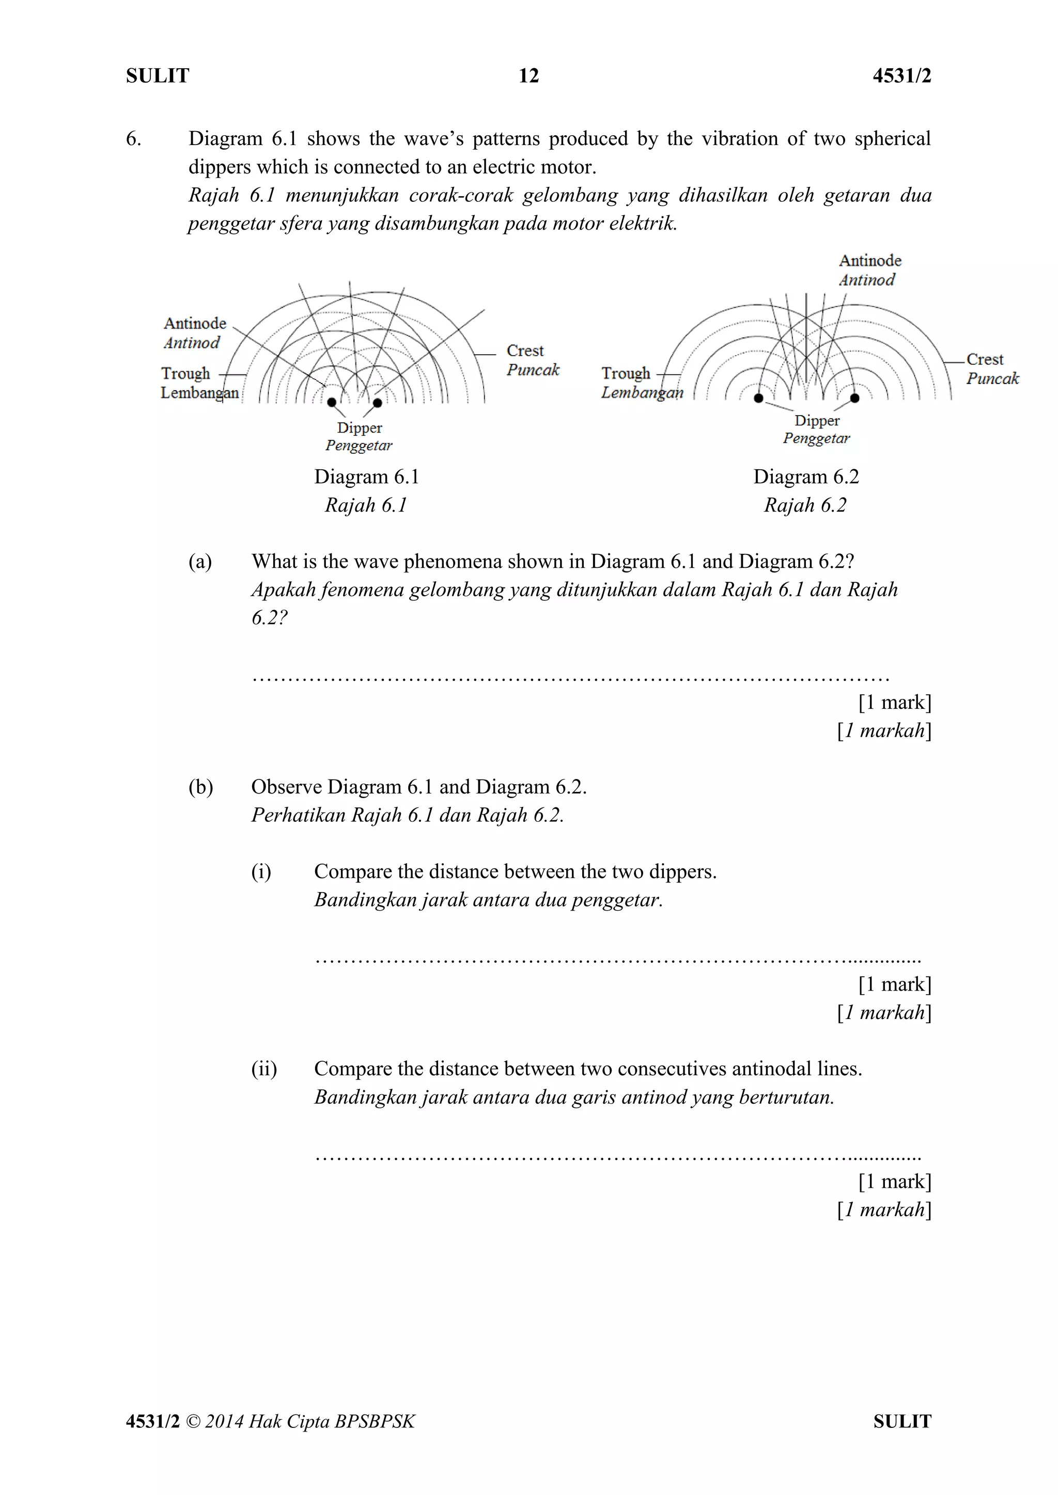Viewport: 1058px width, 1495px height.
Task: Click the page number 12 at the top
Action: (x=528, y=76)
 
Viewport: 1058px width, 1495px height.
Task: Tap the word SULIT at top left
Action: (x=158, y=76)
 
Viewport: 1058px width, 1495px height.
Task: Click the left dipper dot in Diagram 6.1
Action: (x=332, y=402)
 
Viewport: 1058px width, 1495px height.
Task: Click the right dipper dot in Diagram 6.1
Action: (x=377, y=402)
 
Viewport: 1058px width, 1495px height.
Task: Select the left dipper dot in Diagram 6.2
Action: (x=758, y=398)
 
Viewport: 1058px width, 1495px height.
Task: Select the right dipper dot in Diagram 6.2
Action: (x=855, y=398)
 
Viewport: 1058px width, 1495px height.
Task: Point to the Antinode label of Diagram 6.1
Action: (x=195, y=324)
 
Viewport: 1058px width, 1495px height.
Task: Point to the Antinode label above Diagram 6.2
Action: (x=870, y=261)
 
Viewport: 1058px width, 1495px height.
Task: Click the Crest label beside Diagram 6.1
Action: (x=525, y=351)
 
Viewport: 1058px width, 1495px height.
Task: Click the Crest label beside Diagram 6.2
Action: (x=984, y=359)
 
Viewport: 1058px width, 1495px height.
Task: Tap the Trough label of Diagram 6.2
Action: (x=626, y=374)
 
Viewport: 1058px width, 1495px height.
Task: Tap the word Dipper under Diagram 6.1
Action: (x=360, y=428)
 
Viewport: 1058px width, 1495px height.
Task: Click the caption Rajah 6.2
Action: (x=805, y=505)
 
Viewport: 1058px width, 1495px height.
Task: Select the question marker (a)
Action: (x=200, y=561)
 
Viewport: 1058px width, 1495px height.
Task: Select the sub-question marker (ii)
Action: (x=264, y=1069)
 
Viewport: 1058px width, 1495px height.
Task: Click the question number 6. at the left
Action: (x=134, y=139)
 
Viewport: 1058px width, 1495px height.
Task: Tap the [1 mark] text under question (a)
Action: (x=894, y=702)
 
